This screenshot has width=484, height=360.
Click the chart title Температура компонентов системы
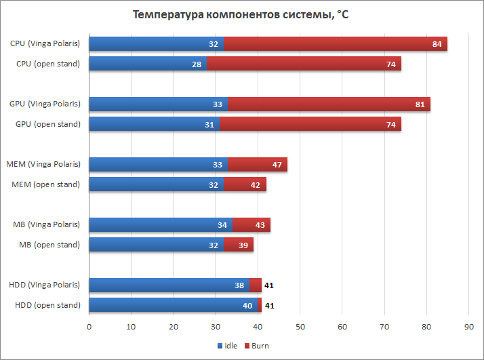click(x=242, y=14)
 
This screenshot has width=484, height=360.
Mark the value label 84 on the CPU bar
click(x=437, y=44)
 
